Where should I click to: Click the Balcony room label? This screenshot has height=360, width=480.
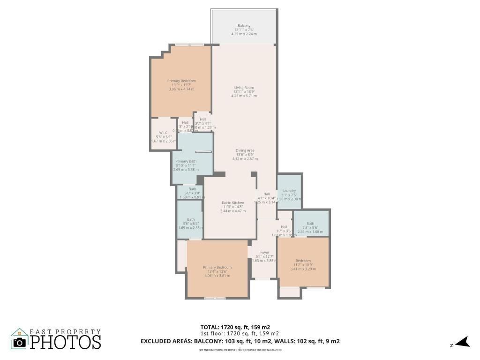pyautogui.click(x=244, y=26)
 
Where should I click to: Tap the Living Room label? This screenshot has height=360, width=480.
pyautogui.click(x=244, y=87)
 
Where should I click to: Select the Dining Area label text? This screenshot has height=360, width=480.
pyautogui.click(x=245, y=150)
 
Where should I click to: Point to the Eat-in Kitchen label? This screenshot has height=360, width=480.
pyautogui.click(x=233, y=202)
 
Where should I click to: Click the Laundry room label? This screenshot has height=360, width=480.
pyautogui.click(x=289, y=191)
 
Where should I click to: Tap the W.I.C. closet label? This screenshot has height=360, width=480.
pyautogui.click(x=163, y=133)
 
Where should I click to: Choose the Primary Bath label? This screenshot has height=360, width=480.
pyautogui.click(x=186, y=161)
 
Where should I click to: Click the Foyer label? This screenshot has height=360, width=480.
pyautogui.click(x=264, y=252)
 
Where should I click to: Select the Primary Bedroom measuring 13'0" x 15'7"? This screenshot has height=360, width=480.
pyautogui.click(x=181, y=81)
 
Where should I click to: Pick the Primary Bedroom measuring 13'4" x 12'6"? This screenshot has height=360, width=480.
pyautogui.click(x=217, y=267)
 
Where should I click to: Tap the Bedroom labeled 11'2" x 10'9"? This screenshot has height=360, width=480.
pyautogui.click(x=303, y=261)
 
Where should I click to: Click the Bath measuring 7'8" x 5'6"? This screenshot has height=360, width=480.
pyautogui.click(x=310, y=224)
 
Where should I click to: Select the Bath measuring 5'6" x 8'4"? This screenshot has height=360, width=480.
pyautogui.click(x=191, y=219)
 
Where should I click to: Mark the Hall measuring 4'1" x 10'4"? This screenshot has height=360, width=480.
pyautogui.click(x=266, y=194)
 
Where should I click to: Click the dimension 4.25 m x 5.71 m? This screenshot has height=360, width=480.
pyautogui.click(x=244, y=96)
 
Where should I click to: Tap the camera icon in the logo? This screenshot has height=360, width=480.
pyautogui.click(x=20, y=342)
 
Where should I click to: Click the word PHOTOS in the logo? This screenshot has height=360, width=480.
pyautogui.click(x=66, y=342)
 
